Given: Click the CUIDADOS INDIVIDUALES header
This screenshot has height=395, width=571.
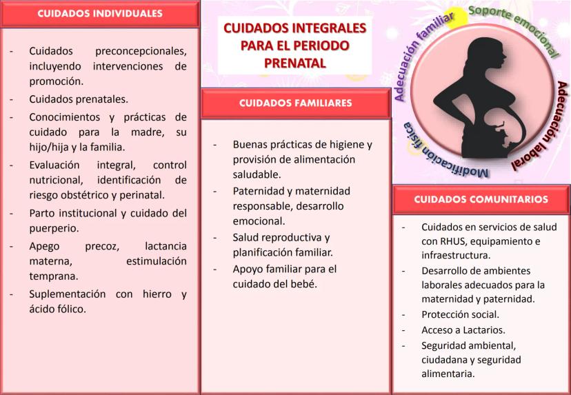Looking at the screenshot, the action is coord(100,14).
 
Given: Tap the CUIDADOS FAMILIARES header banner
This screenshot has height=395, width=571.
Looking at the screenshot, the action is coord(295,103).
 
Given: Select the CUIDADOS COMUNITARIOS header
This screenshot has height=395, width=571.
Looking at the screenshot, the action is coord(481,199).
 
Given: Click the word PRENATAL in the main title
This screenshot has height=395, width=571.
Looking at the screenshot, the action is coord(294,63).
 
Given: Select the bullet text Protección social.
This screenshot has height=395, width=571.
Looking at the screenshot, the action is coord(460,314).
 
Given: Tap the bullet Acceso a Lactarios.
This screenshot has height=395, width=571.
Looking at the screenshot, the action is coord(463,330).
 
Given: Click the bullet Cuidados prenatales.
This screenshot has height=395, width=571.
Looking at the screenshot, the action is coord(79,99).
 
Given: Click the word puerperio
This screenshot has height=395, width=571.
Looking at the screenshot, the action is coord(54,229).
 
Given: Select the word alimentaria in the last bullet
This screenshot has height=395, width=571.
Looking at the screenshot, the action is coord(448,374).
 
